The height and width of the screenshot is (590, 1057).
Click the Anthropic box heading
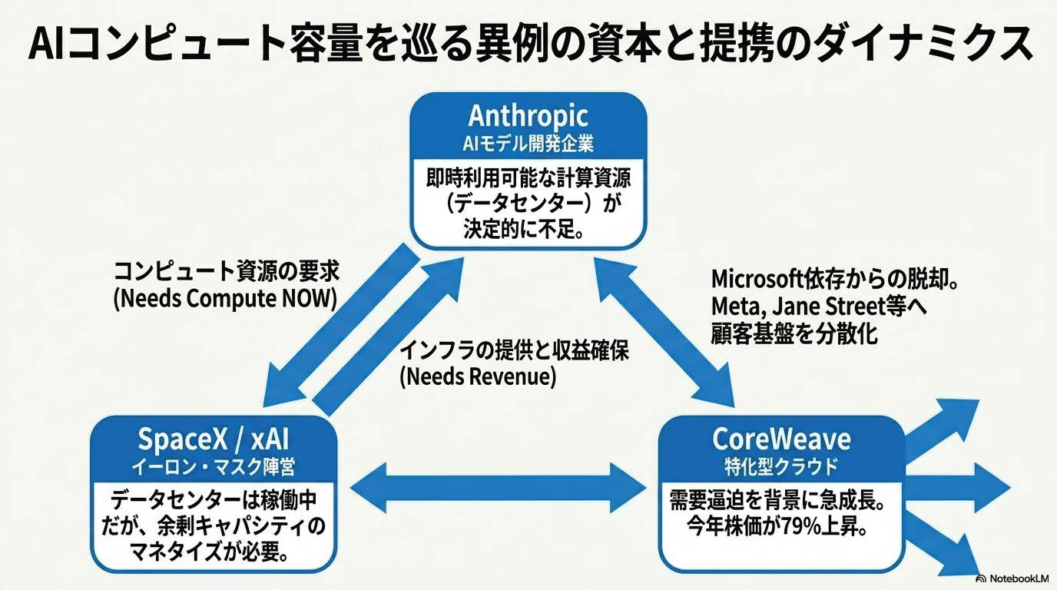(528, 116)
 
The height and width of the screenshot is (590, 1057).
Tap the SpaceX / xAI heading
(214, 439)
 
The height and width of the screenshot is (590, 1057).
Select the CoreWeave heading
(781, 439)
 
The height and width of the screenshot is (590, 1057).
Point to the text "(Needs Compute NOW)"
(226, 299)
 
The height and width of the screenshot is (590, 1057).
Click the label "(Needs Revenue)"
(478, 377)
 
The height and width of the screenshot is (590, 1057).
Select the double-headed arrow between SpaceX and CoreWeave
(498, 488)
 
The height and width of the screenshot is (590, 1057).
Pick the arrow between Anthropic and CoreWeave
(665, 333)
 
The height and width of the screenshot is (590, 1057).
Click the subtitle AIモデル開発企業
(528, 144)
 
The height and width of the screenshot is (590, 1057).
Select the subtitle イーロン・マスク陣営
(214, 467)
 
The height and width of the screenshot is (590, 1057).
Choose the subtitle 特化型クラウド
(781, 467)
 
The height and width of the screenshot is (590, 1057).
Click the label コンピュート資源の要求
(227, 271)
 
